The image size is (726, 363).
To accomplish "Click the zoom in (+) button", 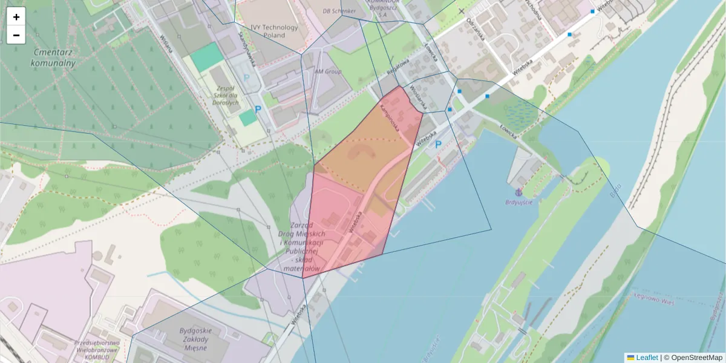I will [16, 17].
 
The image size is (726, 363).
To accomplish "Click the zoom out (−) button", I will [16, 35].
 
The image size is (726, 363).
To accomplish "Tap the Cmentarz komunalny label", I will [54, 57].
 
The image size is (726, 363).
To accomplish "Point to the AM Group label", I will [328, 71].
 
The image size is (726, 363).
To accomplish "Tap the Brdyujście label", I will [519, 202].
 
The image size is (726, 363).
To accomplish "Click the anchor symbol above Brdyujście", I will [518, 192].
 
